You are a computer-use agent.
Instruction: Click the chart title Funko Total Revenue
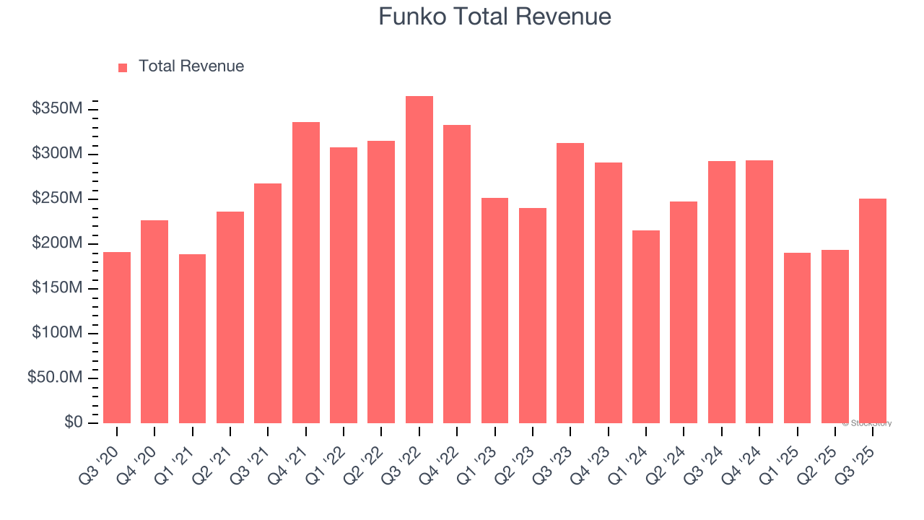(494, 17)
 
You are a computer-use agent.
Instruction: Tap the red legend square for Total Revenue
(123, 67)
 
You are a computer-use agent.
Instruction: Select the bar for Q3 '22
(419, 260)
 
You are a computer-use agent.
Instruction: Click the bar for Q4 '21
(306, 273)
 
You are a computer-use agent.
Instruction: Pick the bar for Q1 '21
(192, 339)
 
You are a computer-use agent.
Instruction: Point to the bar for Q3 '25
(873, 311)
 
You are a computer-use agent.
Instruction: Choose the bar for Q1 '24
(646, 326)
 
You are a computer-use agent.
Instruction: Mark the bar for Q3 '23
(570, 283)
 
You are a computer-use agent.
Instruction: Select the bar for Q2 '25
(835, 337)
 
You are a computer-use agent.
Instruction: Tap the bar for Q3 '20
(117, 337)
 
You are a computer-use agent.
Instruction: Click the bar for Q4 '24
(759, 292)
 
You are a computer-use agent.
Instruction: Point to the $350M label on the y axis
(57, 109)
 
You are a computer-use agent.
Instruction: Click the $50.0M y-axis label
(55, 378)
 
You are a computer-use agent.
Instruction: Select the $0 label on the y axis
(73, 422)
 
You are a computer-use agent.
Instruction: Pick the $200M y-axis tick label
(57, 243)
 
